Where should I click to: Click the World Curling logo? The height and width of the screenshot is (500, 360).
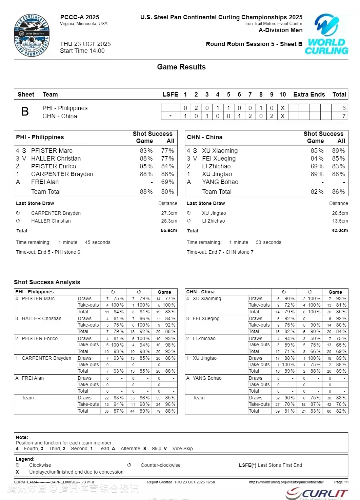(x=327, y=34)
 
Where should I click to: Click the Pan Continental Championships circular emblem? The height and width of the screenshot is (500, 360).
(x=32, y=35)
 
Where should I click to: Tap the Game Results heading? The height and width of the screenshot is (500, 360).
(x=181, y=67)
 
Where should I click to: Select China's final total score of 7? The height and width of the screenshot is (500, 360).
(x=344, y=116)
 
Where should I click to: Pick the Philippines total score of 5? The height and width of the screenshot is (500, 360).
(x=344, y=108)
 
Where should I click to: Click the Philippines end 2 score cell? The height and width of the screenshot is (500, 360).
(x=196, y=108)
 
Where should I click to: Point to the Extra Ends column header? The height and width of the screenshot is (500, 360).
(x=309, y=95)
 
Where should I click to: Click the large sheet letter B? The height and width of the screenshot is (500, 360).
(x=25, y=111)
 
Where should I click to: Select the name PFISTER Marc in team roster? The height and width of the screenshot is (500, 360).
(x=52, y=151)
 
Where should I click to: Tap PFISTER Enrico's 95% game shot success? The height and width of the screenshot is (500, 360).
(x=146, y=166)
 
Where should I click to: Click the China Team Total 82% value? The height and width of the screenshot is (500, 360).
(x=317, y=192)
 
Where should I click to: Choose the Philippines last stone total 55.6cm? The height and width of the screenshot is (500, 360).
(x=169, y=231)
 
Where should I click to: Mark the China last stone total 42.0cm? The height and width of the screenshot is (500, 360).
(x=340, y=231)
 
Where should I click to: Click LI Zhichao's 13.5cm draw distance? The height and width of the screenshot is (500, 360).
(x=340, y=221)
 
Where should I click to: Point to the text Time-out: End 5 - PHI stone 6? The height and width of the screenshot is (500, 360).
(x=48, y=252)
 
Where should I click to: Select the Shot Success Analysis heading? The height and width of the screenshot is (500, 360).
(x=47, y=282)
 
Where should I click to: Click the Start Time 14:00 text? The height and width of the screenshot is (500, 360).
(x=82, y=51)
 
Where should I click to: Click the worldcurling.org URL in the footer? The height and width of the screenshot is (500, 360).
(x=286, y=482)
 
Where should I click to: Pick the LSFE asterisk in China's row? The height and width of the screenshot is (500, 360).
(x=171, y=116)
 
